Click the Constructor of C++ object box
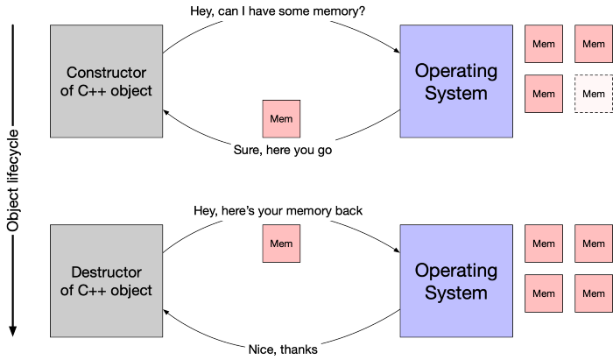tap(106, 81)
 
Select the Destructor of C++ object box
tap(106, 280)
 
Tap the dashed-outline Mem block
tap(594, 94)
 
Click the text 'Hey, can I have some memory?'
tap(278, 11)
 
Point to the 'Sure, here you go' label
tap(283, 150)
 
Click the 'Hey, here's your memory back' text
tap(278, 211)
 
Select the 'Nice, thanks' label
tap(283, 349)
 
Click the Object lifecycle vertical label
tap(12, 180)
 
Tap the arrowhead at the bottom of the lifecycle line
tap(12, 331)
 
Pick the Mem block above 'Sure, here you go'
tap(281, 119)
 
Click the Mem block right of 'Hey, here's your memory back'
tap(281, 244)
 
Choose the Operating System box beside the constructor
tap(456, 81)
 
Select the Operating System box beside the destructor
tap(456, 280)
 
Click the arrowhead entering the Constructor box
tap(166, 113)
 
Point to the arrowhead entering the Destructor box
tap(166, 312)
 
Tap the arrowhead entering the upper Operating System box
tap(397, 51)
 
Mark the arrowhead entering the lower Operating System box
tap(397, 250)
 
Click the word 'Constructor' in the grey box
tap(106, 73)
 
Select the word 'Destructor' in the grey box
tap(106, 272)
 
